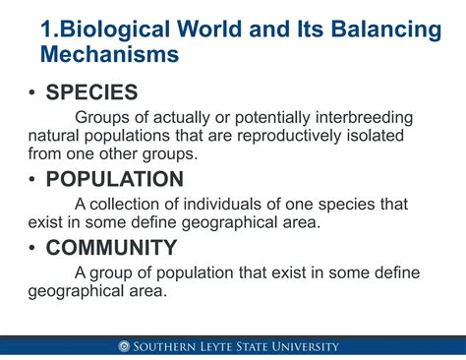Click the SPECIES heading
click(x=91, y=93)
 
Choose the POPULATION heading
click(x=114, y=179)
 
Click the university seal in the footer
click(x=124, y=346)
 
